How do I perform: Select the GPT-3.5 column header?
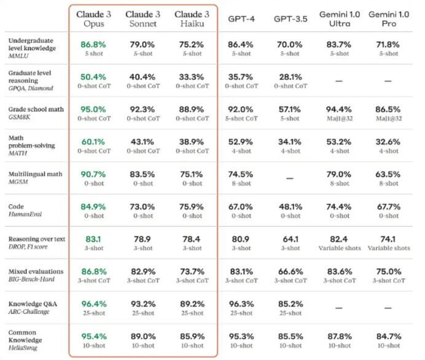coord(289,19)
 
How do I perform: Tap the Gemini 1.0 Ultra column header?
coord(339,18)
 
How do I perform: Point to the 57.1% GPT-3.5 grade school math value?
coord(289,109)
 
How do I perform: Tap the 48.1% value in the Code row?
coord(289,206)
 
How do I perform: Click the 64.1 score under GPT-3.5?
coord(289,239)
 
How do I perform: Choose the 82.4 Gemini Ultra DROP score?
coord(339,239)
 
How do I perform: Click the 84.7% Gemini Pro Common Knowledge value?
coord(389,337)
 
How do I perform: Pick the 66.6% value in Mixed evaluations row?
coord(289,272)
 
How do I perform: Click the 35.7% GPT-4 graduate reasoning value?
coord(240,76)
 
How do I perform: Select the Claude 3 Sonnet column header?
coord(143,18)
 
